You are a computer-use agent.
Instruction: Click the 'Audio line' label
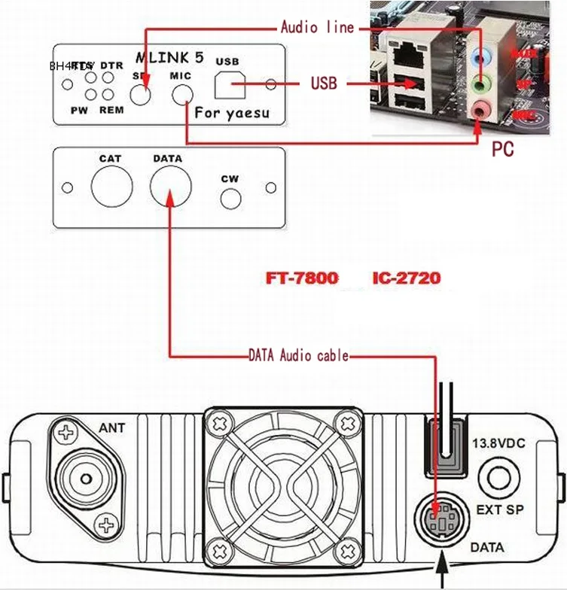[316, 28]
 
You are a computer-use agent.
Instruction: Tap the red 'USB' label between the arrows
[324, 83]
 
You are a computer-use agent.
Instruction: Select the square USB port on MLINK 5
[230, 85]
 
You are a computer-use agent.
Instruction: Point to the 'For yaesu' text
[231, 114]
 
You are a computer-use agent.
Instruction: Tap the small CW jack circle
[230, 199]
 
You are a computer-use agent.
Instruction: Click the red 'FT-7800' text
[302, 278]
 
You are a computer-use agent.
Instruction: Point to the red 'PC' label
[503, 149]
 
